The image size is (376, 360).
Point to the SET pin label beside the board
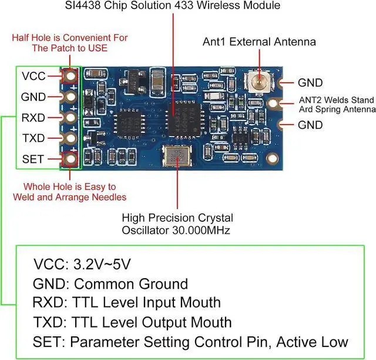coord(32,159)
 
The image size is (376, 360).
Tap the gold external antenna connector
coord(257,82)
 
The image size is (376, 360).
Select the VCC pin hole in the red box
coord(71,76)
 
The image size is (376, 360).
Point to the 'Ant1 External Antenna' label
coord(259,42)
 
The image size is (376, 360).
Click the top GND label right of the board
coord(310,82)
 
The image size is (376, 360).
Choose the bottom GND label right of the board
coord(310,125)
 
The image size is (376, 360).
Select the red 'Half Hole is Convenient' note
coord(70,42)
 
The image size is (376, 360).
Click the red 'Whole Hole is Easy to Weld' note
coord(70,192)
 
